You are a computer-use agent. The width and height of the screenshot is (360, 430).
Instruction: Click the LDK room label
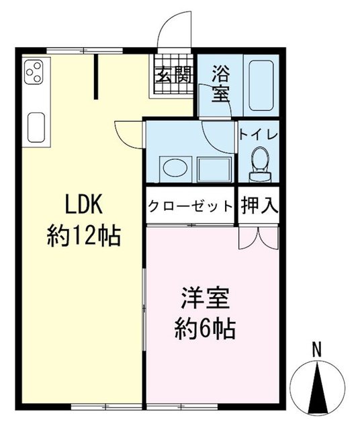click(83, 202)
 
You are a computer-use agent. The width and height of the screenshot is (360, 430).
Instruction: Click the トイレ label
click(258, 133)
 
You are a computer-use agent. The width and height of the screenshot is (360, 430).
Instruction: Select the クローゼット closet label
click(190, 206)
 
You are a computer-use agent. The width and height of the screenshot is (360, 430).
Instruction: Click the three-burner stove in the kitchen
click(34, 71)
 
